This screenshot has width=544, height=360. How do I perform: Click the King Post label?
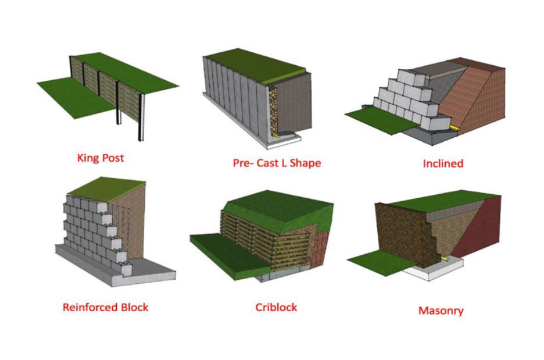point(101,158)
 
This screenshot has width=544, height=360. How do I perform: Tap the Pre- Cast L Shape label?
point(277,163)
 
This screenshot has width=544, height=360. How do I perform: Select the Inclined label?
point(443,163)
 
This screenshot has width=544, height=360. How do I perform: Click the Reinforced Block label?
point(105,306)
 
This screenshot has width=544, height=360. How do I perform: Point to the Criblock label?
point(276,306)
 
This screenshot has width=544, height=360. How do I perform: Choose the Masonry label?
point(441,311)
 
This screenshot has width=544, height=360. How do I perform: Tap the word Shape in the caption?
point(305,163)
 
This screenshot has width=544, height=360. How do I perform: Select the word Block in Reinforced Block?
point(133,306)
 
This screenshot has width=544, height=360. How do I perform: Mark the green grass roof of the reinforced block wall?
point(108,187)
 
